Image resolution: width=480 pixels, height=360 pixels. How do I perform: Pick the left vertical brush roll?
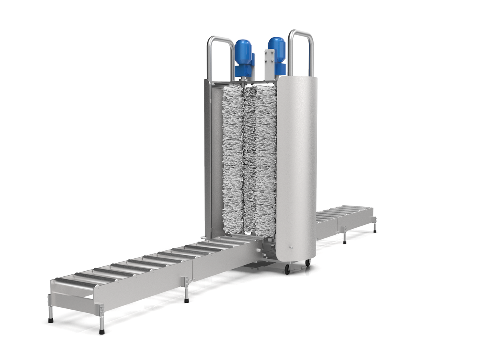point(232,160)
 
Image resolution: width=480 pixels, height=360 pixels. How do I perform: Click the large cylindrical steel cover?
point(296,168)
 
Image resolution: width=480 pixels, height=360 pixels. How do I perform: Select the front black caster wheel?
point(287,270)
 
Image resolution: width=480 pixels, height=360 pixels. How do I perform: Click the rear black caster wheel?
point(307,263)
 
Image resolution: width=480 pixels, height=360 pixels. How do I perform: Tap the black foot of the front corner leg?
point(102,332)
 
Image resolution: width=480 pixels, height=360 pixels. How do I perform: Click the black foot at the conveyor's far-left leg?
point(51,320)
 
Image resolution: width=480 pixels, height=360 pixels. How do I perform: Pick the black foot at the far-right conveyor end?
point(375,231)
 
